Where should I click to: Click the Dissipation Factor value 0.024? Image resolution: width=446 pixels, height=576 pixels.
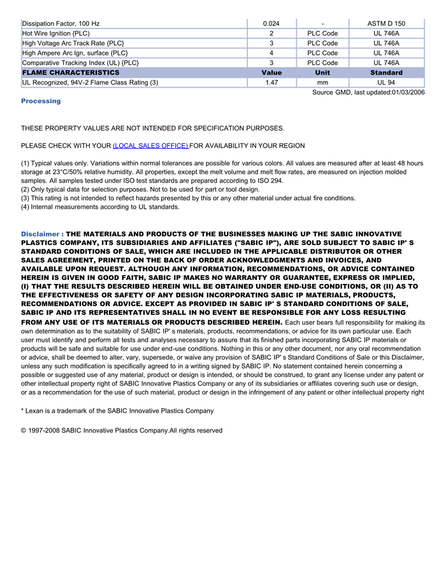pos(271,24)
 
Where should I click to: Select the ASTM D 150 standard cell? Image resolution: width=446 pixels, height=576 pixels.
pos(386,24)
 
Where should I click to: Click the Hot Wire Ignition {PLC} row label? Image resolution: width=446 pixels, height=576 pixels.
pos(56,33)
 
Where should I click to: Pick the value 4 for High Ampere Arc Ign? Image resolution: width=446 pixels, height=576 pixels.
pos(271,53)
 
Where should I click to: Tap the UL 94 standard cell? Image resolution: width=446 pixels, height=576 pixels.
pos(386,82)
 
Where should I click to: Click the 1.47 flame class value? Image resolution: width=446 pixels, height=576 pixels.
pos(271,82)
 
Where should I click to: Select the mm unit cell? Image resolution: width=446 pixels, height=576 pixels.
pos(322,82)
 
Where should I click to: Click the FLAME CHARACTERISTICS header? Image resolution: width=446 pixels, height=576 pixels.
pos(71,73)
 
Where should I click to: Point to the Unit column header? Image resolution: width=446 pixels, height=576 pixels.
pos(322,73)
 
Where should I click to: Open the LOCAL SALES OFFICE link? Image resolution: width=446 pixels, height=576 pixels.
pos(150,146)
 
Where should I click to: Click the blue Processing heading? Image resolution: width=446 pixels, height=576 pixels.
pos(41,101)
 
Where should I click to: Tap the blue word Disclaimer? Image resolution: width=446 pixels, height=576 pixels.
pos(40,234)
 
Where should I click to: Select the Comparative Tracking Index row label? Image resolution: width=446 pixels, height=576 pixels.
pos(80,63)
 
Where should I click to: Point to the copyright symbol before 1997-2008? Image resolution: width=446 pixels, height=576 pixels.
pos(24,431)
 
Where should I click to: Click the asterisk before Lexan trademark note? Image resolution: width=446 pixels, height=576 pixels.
pos(22,411)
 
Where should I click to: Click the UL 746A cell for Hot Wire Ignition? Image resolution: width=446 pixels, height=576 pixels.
pos(386,33)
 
